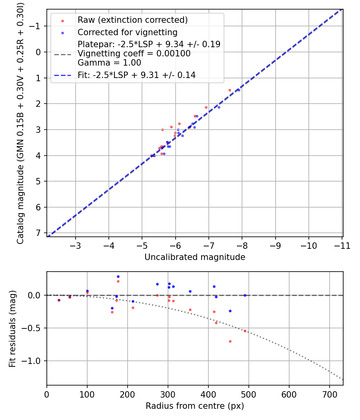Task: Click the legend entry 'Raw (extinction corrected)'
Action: [x=132, y=20]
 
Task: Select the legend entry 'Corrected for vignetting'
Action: [x=127, y=32]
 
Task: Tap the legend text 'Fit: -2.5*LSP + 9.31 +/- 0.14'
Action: [x=136, y=75]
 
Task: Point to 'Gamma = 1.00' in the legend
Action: [x=109, y=62]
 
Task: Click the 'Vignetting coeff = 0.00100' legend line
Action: [x=134, y=54]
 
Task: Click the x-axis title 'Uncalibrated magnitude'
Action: [x=195, y=257]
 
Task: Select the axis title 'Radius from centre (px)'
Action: [x=195, y=406]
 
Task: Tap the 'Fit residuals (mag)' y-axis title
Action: [x=12, y=329]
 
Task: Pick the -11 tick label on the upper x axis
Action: [x=342, y=245]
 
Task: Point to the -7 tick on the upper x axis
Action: [x=209, y=245]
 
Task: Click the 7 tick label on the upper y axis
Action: [x=39, y=233]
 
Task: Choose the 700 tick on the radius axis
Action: [x=329, y=394]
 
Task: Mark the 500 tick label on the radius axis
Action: [x=248, y=394]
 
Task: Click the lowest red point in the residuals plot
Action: [x=230, y=341]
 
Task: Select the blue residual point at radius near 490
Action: [x=245, y=295]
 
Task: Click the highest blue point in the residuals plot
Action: [x=118, y=276]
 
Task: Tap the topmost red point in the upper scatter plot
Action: [x=230, y=90]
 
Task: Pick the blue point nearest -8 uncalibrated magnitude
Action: [x=239, y=90]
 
